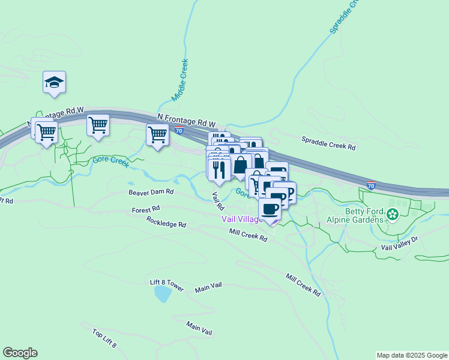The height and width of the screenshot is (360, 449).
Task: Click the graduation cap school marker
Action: coord(54,83)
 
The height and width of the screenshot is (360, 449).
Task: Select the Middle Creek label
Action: coord(180,79)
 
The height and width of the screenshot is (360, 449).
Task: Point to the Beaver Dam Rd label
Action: coord(151,192)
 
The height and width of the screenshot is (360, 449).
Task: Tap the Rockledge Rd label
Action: coord(166,221)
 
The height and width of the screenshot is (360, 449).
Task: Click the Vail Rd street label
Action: coord(217,200)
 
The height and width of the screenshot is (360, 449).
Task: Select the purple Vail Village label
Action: coord(243,219)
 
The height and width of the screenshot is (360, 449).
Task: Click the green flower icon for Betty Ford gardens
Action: coord(393,214)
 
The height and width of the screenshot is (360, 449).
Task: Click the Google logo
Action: coord(20,353)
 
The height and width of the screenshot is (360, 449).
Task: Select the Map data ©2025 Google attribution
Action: coord(411,355)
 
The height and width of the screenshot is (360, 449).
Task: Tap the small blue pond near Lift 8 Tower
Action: coord(161,294)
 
